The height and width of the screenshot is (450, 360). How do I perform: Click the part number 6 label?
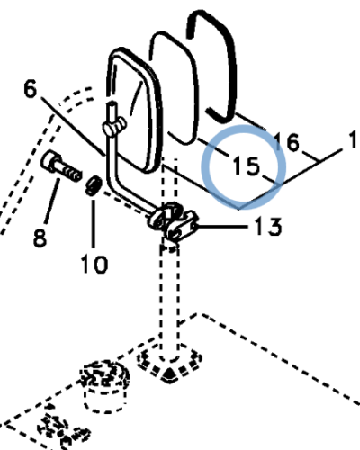click(30, 89)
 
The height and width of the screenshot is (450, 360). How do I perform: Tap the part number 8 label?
click(40, 238)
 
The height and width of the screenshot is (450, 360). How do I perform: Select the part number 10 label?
click(94, 264)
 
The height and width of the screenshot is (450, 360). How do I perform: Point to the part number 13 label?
click(268, 227)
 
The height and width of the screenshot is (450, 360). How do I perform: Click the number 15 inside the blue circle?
click(247, 166)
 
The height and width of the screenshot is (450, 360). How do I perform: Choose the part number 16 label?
click(287, 141)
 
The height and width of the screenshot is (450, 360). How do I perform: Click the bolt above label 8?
click(61, 166)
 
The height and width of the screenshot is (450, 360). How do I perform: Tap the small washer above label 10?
click(94, 186)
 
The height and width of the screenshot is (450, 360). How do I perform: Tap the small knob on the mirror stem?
click(114, 127)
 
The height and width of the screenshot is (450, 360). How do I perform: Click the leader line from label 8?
click(51, 201)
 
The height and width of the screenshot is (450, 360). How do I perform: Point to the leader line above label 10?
click(94, 223)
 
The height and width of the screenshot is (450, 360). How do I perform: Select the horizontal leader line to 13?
click(222, 226)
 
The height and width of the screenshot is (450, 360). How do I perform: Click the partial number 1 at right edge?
click(355, 139)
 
